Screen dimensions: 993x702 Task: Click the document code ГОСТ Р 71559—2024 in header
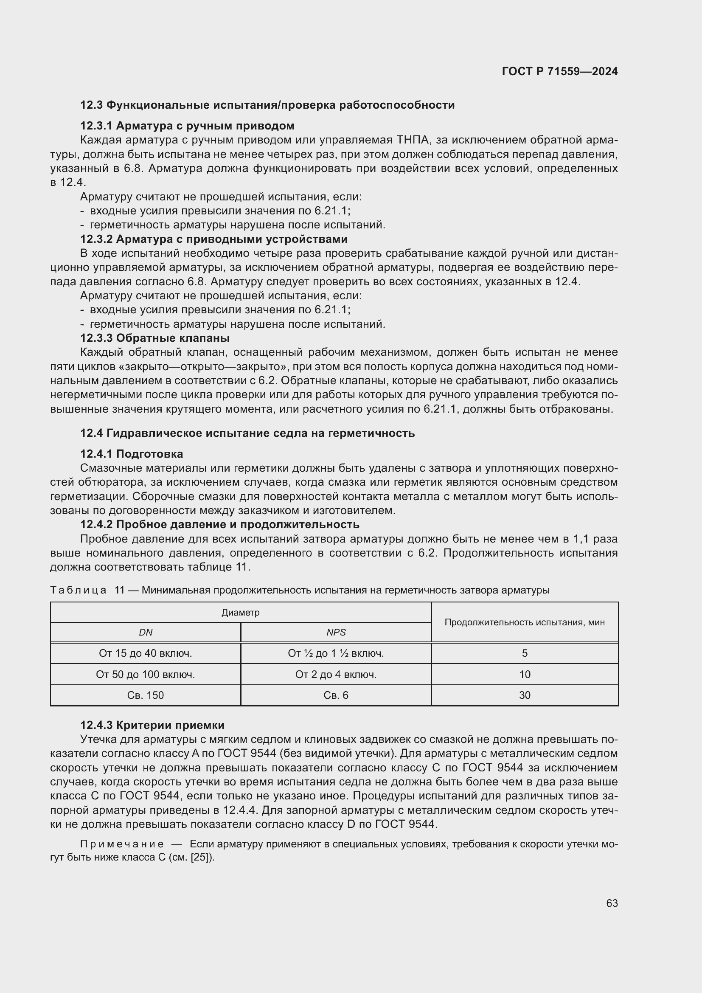[560, 71]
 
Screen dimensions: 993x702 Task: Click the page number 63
[612, 903]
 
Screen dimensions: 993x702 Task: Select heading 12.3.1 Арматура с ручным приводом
[187, 126]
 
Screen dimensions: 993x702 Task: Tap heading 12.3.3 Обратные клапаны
[155, 338]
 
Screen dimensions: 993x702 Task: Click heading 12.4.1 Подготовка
[132, 454]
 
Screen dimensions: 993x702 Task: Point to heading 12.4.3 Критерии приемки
[152, 725]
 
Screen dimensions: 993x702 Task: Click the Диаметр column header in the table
[240, 613]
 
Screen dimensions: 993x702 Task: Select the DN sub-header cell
[145, 632]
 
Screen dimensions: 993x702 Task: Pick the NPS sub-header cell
[336, 632]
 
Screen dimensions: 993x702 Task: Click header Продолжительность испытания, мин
[524, 622]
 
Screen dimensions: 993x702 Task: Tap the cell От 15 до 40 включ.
[145, 653]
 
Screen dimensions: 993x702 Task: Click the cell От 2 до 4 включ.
[336, 674]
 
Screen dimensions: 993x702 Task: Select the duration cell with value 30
[524, 695]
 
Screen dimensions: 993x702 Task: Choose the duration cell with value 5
[524, 653]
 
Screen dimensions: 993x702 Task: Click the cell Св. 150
[145, 695]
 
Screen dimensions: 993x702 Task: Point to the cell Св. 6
[336, 695]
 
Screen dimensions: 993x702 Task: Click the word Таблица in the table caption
[78, 590]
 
